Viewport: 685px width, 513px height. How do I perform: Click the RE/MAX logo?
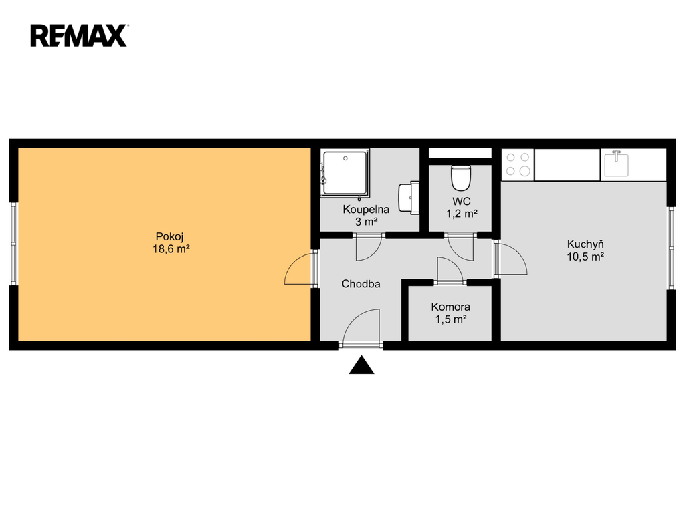point(79,36)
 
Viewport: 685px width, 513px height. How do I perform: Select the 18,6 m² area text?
point(171,249)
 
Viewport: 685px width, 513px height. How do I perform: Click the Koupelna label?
point(366,209)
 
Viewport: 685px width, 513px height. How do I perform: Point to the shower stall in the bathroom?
point(345,172)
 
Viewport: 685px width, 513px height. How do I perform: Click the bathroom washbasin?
point(409,198)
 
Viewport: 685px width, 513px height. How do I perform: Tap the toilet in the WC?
point(461,178)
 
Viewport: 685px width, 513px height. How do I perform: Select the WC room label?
point(462,201)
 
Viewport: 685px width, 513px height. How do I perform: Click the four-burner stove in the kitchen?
point(518,164)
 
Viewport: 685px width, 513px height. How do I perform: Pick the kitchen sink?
point(617,164)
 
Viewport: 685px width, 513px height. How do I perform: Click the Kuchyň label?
point(585,244)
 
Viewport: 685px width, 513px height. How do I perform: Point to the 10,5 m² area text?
point(585,256)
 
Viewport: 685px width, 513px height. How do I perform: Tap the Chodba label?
point(361,283)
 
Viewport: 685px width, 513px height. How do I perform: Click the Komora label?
point(450,307)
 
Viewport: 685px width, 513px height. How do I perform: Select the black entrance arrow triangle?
point(361,365)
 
